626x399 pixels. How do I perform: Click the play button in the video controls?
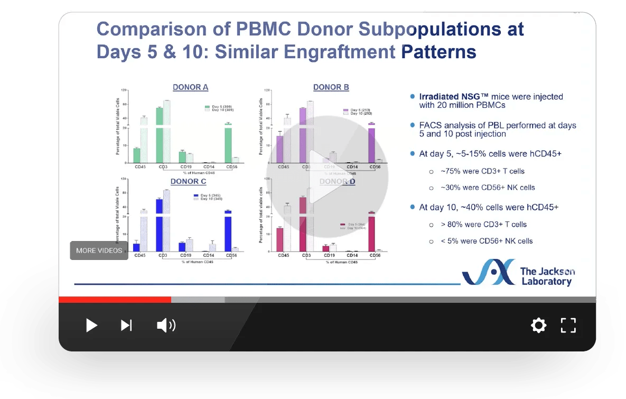tap(91, 325)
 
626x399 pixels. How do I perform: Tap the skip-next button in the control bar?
tap(126, 325)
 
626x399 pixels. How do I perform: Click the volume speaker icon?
tap(166, 325)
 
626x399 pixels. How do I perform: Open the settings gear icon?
tap(538, 325)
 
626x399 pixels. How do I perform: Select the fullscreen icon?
tap(568, 325)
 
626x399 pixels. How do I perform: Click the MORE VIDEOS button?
tap(99, 250)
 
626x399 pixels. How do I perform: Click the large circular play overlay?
tap(327, 177)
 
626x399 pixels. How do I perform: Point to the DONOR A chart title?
tap(190, 87)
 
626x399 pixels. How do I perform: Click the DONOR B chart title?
tap(331, 87)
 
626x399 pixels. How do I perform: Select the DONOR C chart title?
tap(188, 181)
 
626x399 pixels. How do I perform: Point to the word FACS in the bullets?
tap(429, 125)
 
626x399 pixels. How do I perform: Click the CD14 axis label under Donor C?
tap(209, 255)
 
